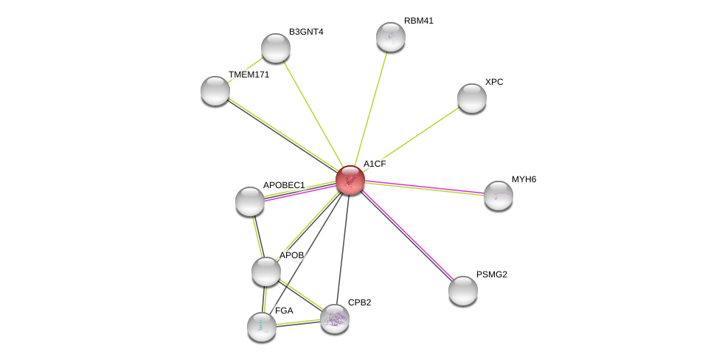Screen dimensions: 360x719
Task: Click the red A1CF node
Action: [350, 180]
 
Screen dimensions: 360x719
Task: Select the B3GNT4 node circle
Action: [276, 48]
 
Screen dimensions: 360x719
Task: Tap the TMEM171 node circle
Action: [215, 91]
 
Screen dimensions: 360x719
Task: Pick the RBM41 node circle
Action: [391, 37]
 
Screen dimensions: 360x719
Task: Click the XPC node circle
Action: [472, 98]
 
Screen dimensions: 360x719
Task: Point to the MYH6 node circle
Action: [499, 195]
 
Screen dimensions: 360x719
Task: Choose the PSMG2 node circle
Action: [463, 291]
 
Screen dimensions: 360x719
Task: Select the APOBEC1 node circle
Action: [250, 201]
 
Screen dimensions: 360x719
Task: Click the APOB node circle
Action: [266, 271]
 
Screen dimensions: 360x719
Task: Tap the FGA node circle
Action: [262, 327]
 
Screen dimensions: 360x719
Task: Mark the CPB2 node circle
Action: [335, 319]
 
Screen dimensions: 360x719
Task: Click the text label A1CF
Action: [375, 164]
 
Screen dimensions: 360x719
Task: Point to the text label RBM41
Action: [419, 21]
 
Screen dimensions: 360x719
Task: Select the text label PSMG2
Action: [491, 274]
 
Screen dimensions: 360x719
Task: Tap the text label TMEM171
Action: [249, 75]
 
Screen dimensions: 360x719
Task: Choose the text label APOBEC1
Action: [284, 185]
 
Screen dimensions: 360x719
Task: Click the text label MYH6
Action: [524, 179]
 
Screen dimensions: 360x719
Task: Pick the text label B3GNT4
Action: [306, 32]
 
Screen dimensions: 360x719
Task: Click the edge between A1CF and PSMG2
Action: [407, 235]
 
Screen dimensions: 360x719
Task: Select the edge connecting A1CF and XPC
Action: [411, 139]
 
